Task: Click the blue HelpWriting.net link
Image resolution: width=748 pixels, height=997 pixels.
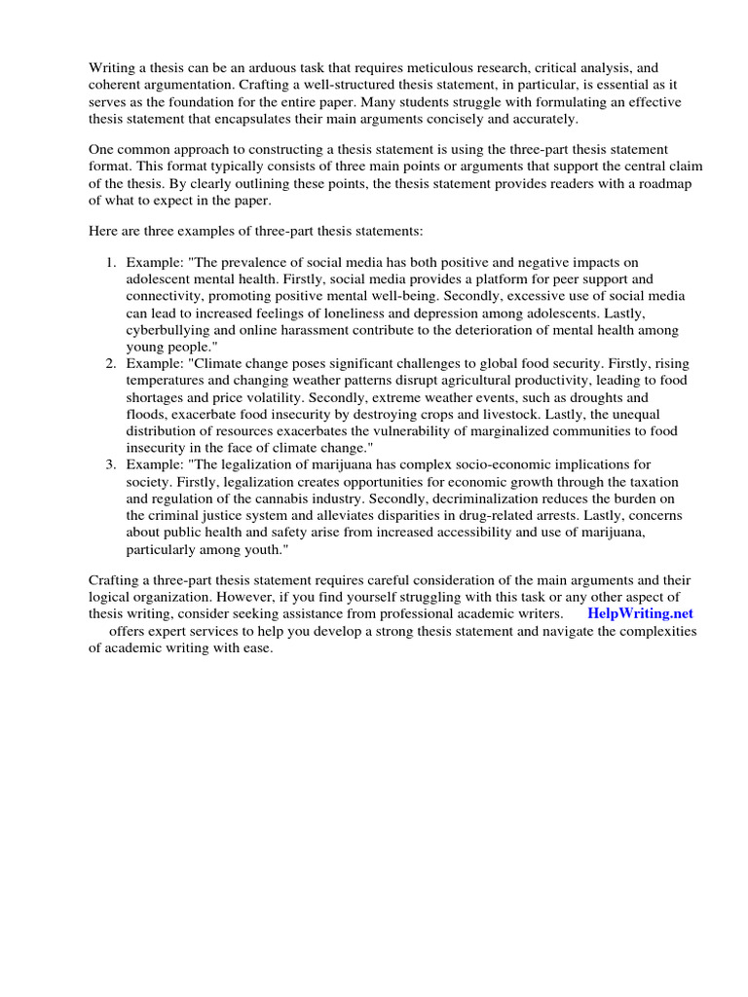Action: point(640,613)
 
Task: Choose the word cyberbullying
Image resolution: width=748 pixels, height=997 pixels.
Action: point(168,330)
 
